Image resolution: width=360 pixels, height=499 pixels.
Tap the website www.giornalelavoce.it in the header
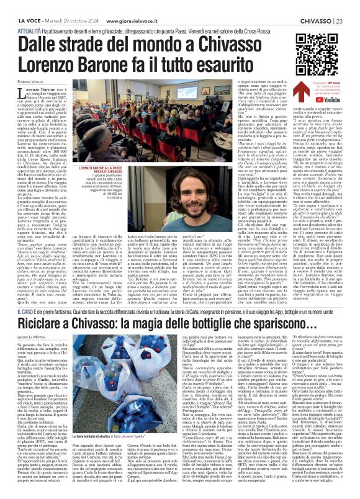click(136, 6)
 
